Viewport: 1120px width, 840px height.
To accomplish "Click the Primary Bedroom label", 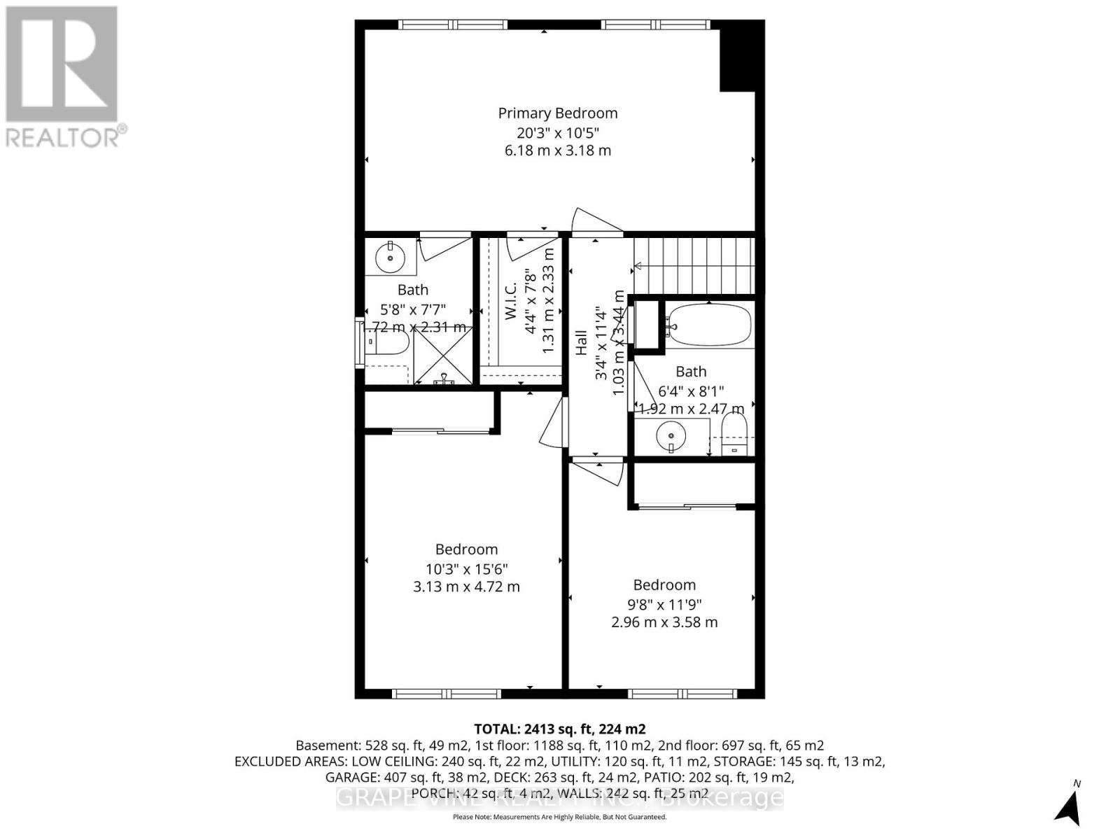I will [558, 113].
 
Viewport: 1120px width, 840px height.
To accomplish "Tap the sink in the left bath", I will [390, 258].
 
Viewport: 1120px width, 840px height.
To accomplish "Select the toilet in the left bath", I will [388, 343].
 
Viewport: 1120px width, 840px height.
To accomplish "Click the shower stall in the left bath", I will [443, 357].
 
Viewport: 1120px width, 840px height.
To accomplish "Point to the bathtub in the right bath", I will [708, 325].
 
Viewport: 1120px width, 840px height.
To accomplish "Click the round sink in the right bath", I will [671, 437].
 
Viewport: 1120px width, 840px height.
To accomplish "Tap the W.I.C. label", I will [511, 301].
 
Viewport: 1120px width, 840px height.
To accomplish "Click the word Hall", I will [582, 343].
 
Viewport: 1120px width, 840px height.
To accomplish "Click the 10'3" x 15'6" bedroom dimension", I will [466, 569].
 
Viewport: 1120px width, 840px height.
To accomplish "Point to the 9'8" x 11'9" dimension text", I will [664, 604].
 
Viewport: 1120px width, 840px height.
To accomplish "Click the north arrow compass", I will [1069, 804].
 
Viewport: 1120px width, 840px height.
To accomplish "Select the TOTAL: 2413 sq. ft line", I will [559, 729].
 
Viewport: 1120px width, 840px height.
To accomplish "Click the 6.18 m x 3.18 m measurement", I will [558, 150].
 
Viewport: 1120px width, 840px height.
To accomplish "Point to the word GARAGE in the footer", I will [351, 777].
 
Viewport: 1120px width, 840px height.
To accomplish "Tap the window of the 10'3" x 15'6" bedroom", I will [447, 694].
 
